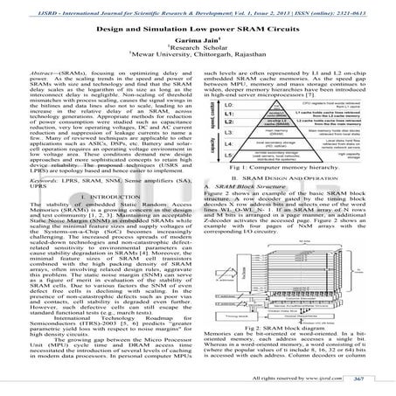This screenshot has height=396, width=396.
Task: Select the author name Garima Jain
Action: point(198,38)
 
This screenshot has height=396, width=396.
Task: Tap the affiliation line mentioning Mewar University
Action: point(198,56)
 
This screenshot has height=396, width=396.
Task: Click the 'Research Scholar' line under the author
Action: point(198,47)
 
